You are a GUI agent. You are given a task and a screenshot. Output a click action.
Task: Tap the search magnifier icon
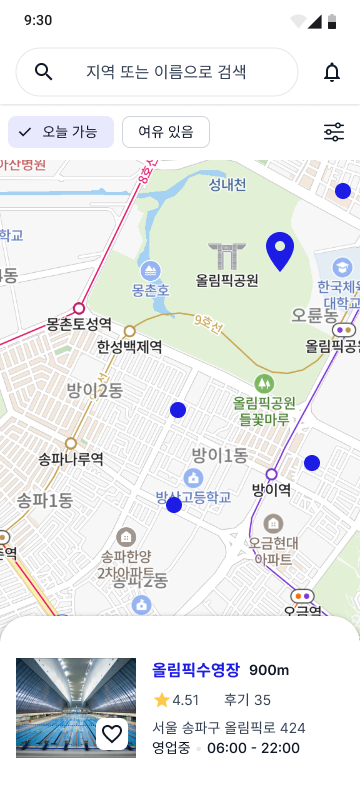(x=43, y=72)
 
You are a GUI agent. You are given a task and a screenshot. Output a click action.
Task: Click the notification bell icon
(x=332, y=72)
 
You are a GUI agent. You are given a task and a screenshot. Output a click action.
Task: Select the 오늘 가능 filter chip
(x=61, y=132)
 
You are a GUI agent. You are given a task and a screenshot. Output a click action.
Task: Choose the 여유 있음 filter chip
(x=165, y=132)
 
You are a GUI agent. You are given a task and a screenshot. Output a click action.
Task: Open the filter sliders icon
(x=334, y=132)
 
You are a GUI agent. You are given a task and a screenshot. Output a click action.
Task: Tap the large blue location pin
(x=280, y=251)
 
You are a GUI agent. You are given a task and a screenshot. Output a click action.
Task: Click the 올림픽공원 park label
(x=227, y=281)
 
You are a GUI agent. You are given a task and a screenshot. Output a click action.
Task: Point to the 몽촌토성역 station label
(x=78, y=324)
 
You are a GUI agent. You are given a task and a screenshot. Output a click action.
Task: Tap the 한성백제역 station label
(x=129, y=347)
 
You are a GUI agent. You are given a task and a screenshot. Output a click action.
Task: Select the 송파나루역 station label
(x=70, y=459)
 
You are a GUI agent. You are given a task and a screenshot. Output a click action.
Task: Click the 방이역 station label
(x=271, y=490)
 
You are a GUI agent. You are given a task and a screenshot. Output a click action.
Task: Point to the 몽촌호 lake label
(x=150, y=290)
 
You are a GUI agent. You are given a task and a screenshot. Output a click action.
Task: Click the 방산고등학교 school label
(x=193, y=496)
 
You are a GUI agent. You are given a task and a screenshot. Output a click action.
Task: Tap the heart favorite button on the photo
(x=112, y=734)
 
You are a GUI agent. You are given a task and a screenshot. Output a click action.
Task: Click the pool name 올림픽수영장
(x=196, y=670)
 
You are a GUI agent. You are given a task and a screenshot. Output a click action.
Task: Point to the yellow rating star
(x=161, y=700)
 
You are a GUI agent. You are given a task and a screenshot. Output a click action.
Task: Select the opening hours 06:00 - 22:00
(x=253, y=748)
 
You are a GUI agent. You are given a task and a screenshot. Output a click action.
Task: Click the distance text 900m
(x=269, y=670)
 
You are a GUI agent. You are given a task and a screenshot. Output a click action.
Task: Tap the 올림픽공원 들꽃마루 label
(x=264, y=411)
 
